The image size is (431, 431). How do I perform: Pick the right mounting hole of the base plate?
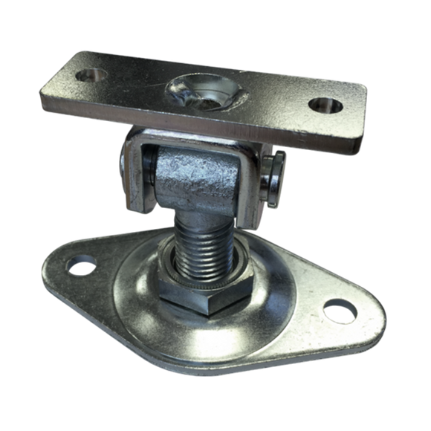point(339,305)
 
